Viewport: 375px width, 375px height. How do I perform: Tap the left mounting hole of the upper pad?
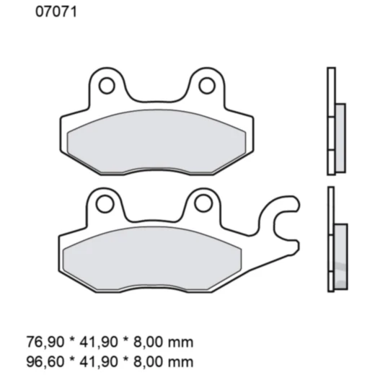(x=106, y=86)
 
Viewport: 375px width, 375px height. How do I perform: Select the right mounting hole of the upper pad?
(x=207, y=86)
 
